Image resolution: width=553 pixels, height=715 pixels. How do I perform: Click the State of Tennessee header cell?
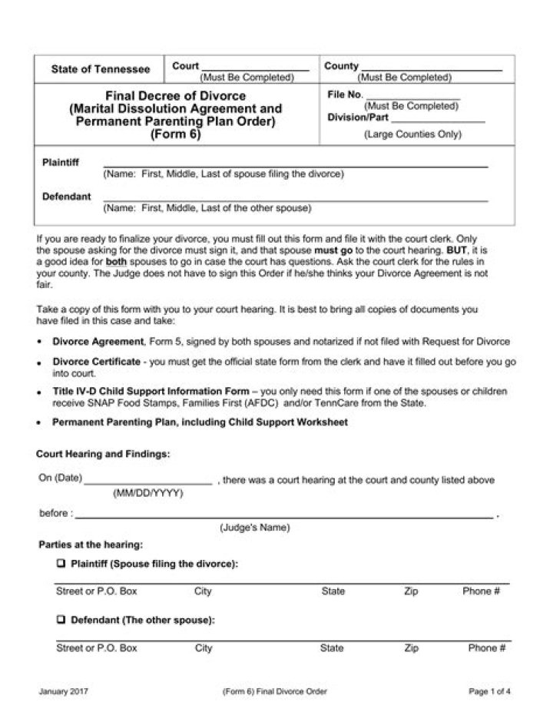[x=101, y=69]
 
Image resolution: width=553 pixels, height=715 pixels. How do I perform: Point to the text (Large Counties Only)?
[x=412, y=134]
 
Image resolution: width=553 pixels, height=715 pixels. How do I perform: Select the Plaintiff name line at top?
[x=296, y=164]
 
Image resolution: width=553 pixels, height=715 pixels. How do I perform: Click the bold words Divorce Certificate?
[x=97, y=361]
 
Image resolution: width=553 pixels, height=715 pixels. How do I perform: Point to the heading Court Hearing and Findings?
[x=104, y=454]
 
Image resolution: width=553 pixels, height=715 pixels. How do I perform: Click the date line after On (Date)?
[x=147, y=482]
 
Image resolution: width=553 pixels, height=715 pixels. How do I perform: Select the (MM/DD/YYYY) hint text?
[x=148, y=493]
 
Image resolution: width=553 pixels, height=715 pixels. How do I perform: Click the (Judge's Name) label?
[x=255, y=528]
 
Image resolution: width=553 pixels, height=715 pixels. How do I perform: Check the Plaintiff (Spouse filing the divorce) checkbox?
[x=61, y=564]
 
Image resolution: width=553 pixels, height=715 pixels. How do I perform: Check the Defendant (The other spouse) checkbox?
[x=61, y=620]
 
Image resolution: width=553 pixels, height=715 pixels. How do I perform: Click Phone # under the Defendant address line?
[x=487, y=648]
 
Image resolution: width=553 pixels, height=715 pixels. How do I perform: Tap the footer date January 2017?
[x=64, y=691]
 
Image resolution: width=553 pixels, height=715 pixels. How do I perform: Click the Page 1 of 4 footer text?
[x=489, y=691]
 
